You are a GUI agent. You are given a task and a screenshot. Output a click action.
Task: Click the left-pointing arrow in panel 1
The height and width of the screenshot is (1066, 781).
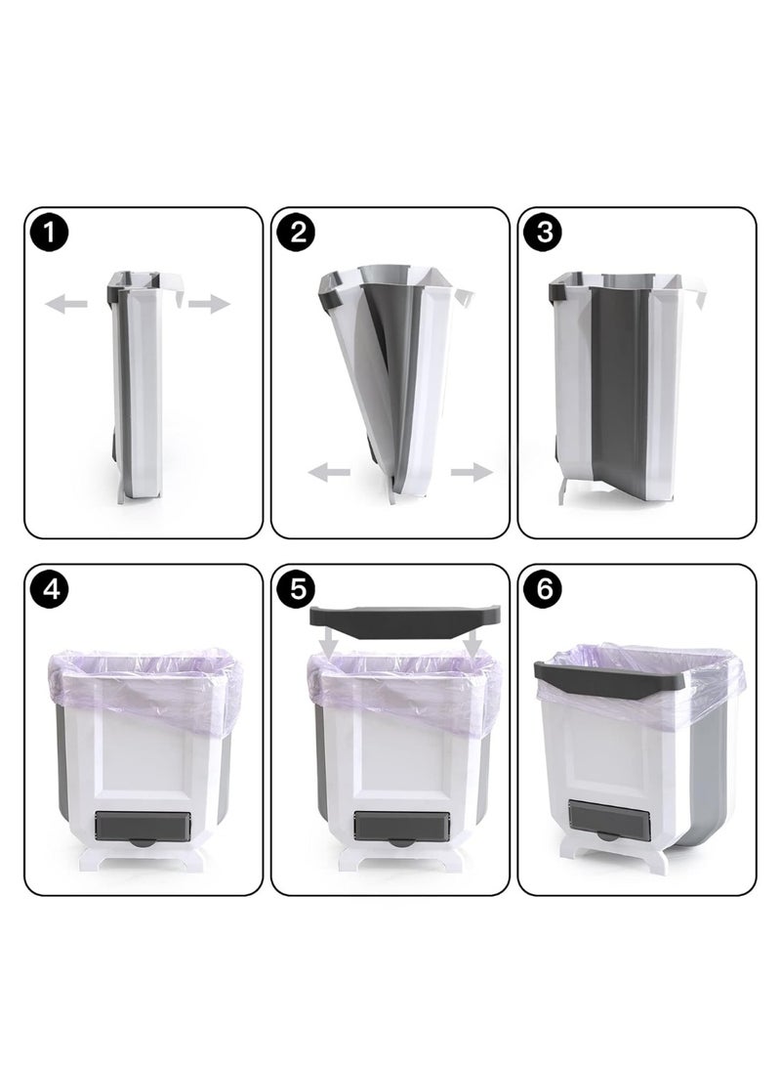[x=65, y=306]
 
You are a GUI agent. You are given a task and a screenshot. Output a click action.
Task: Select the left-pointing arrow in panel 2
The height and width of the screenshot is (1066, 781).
[x=329, y=473]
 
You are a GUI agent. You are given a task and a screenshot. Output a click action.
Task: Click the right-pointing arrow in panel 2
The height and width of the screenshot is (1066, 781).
[x=472, y=473]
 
